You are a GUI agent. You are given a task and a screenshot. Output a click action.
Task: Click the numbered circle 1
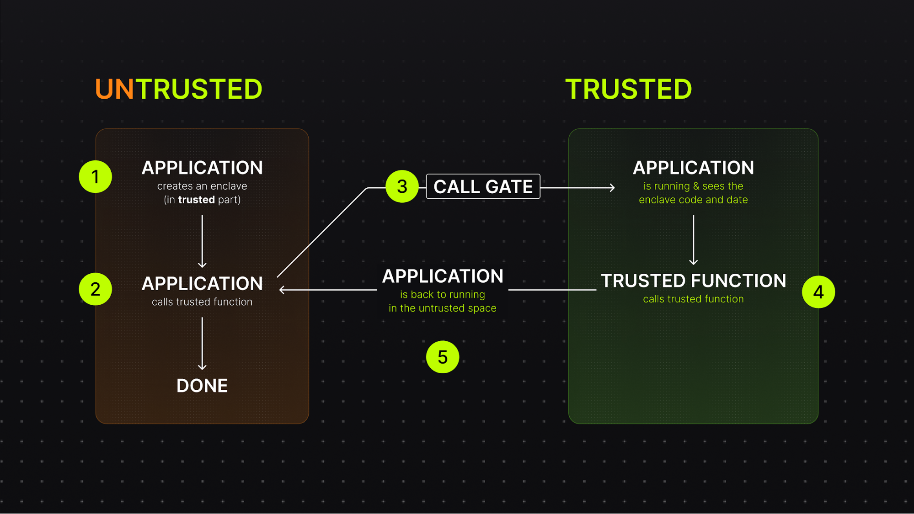(95, 176)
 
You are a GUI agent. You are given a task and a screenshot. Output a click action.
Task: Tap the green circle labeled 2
(95, 289)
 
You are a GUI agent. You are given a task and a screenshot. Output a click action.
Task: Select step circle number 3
(402, 186)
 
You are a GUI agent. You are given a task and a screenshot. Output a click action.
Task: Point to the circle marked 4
(818, 291)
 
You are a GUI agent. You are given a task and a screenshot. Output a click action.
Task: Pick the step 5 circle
(442, 357)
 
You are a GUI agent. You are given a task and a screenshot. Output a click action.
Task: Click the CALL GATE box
(483, 186)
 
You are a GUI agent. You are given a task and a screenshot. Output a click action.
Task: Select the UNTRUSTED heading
(178, 89)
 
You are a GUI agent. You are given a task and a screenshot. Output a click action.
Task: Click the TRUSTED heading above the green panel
(628, 89)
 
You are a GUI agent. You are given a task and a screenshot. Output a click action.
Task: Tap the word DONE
(202, 386)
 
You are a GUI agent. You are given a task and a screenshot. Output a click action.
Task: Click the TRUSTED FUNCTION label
(693, 281)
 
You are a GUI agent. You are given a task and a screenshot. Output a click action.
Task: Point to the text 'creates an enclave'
(202, 186)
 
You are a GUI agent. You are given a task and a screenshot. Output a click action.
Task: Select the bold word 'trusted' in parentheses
(196, 200)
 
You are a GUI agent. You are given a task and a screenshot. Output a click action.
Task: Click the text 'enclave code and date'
(693, 200)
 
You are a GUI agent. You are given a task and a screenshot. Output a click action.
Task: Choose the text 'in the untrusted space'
(442, 308)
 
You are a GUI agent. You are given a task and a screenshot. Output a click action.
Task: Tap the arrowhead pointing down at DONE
(202, 366)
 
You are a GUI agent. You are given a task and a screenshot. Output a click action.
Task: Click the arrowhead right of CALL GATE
(612, 187)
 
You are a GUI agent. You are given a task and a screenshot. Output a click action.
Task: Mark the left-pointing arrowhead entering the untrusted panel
(282, 290)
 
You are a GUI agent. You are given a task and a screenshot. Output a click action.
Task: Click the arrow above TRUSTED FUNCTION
(693, 240)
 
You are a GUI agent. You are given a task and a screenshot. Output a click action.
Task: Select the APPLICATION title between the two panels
(442, 276)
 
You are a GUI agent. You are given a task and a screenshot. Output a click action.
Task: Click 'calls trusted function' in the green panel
(693, 299)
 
